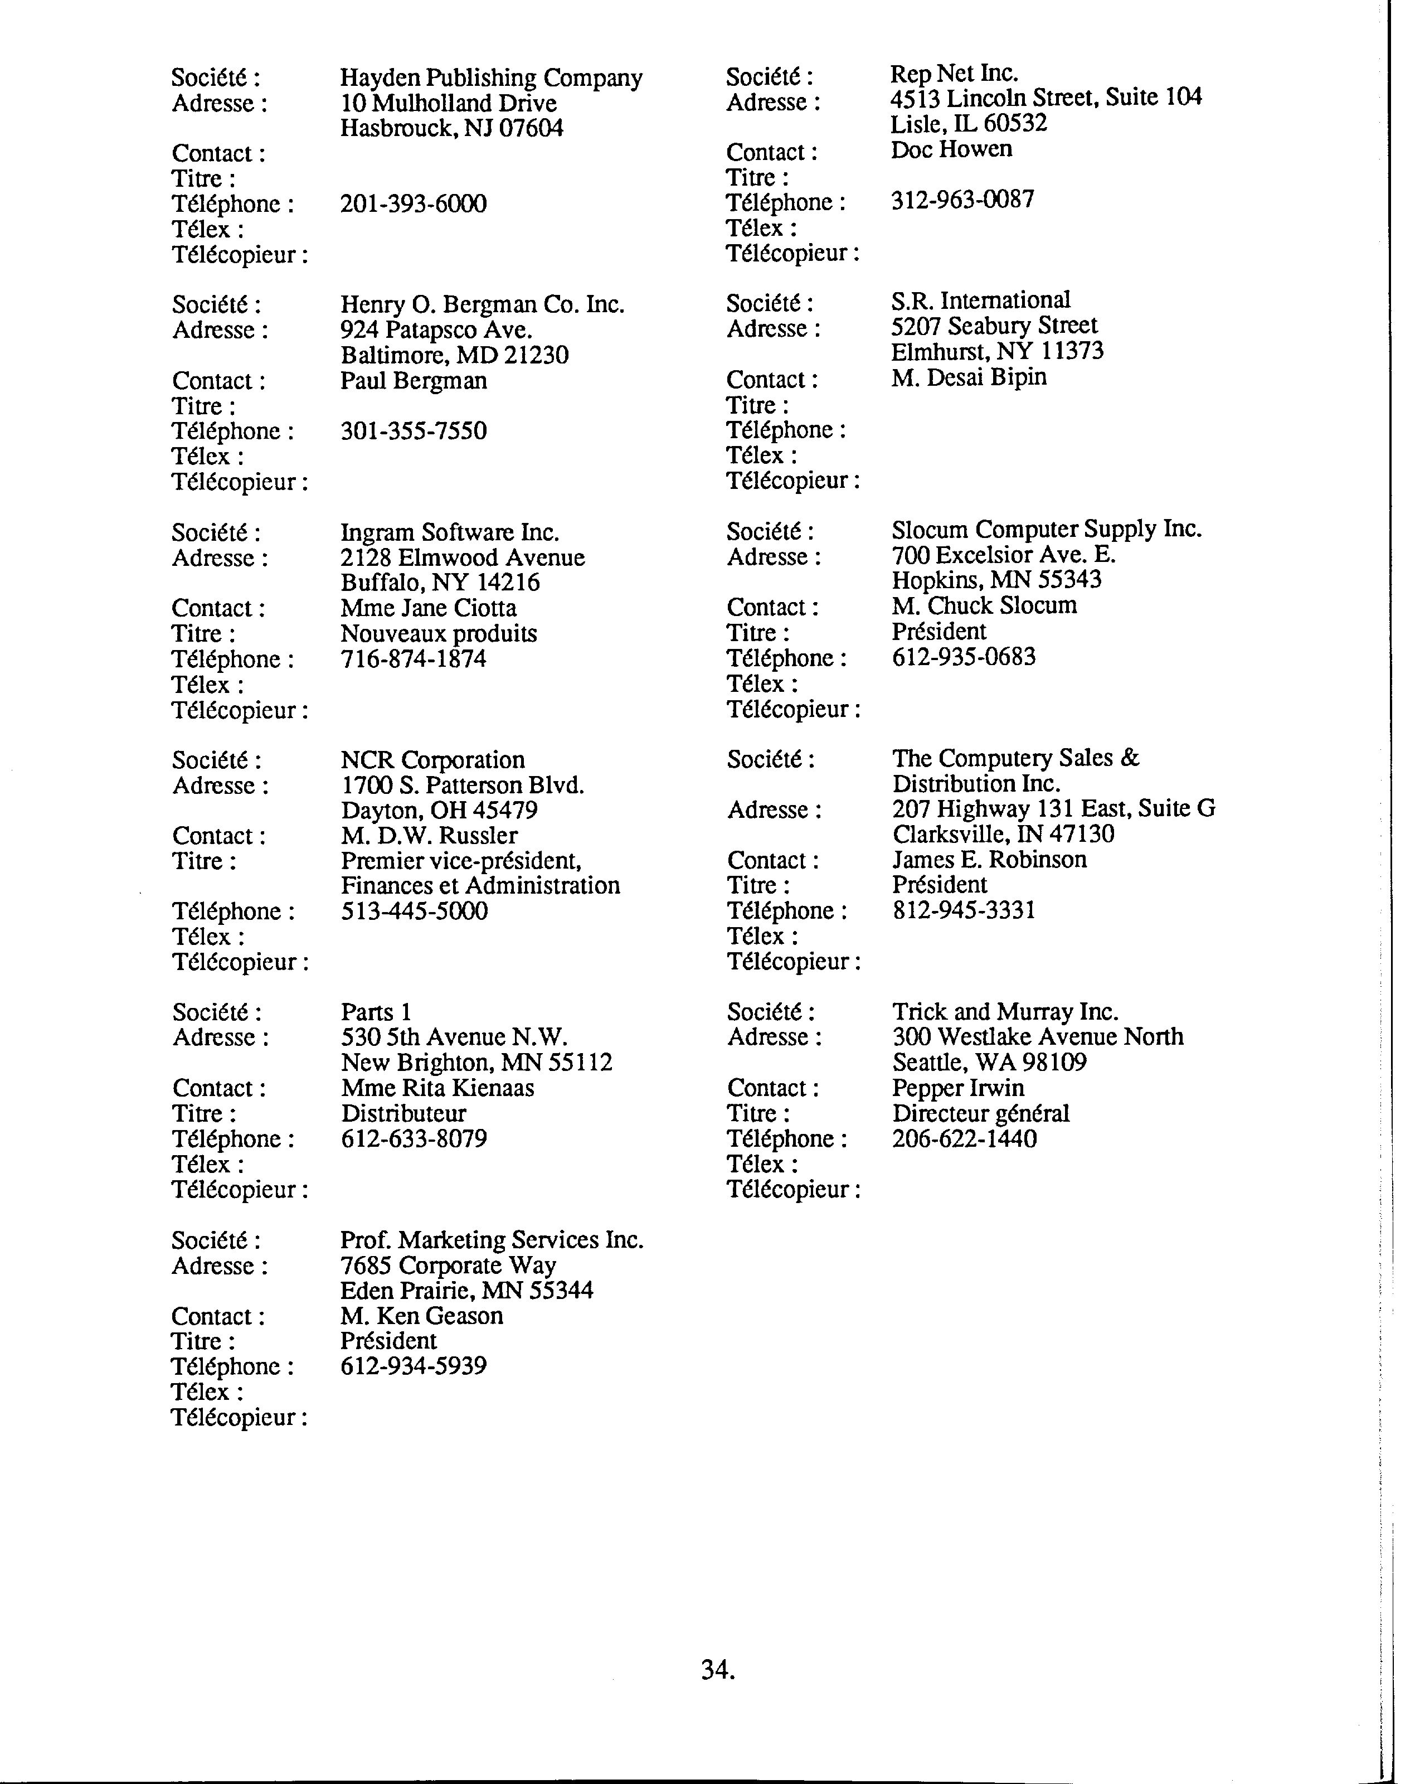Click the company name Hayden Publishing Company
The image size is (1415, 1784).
491,78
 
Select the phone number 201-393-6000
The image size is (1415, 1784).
414,203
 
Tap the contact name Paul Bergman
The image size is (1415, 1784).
414,381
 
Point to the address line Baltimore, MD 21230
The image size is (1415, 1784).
455,355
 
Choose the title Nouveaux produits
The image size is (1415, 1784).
438,634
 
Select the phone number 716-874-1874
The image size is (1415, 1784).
414,660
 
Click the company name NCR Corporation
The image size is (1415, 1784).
432,760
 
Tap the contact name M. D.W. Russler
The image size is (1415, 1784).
429,836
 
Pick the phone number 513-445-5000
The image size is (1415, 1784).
414,911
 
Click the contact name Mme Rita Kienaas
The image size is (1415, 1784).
437,1088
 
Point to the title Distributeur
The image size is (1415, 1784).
403,1114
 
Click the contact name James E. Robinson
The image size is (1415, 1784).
989,860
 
